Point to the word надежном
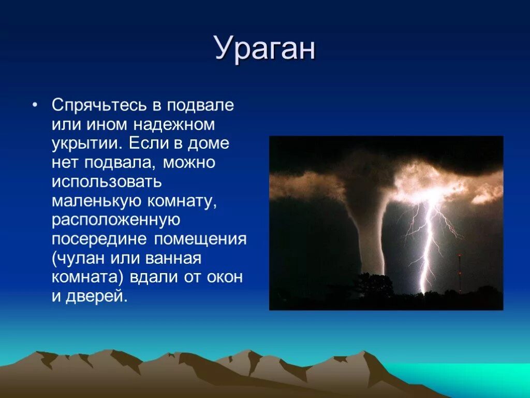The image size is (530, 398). coord(174,125)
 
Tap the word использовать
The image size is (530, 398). coord(107,182)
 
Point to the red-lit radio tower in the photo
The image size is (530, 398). coord(460,274)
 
